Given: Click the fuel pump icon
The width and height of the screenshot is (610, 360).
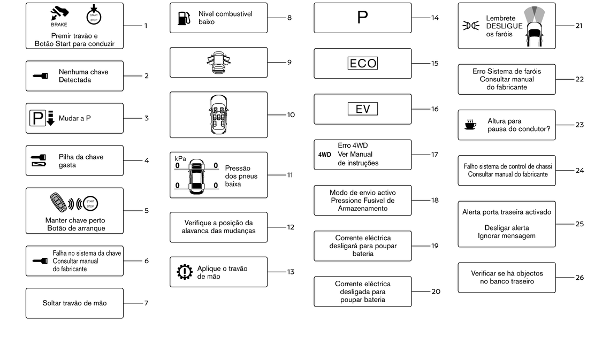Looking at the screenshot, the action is tap(184, 18).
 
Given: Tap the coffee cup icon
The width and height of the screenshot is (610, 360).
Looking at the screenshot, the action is tap(470, 125).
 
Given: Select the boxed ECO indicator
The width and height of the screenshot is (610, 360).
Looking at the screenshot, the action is tap(363, 63).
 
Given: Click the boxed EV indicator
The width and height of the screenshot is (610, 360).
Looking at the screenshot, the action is tap(363, 109).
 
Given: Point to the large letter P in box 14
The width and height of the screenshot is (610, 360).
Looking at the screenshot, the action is tap(362, 18).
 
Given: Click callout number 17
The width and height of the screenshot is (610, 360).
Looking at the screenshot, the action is tap(434, 155).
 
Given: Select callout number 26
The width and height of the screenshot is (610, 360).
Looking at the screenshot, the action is tap(579, 278).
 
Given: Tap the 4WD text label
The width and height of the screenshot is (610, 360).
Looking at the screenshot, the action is tap(324, 155).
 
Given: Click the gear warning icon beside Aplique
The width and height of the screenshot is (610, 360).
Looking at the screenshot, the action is tap(185, 272).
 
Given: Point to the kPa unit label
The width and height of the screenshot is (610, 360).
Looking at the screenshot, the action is tap(180, 159).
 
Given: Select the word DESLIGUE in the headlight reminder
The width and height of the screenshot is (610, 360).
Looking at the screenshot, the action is tap(504, 26).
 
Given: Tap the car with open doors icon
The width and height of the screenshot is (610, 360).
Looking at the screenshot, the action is tap(219, 62).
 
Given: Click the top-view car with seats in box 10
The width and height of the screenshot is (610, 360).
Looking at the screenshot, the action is tap(219, 114).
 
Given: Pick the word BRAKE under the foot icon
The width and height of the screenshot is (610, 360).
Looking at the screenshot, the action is tap(59, 25).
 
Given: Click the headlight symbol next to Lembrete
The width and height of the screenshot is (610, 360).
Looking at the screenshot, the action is tap(471, 26).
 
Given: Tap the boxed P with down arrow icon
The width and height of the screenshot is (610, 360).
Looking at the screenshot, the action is tap(42, 118).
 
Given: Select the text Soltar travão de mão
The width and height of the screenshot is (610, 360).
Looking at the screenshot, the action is tap(75, 303).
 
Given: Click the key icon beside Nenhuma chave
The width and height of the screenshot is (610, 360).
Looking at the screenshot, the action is tap(40, 76).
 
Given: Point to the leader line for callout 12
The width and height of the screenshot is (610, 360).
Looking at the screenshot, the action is tap(277, 227).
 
